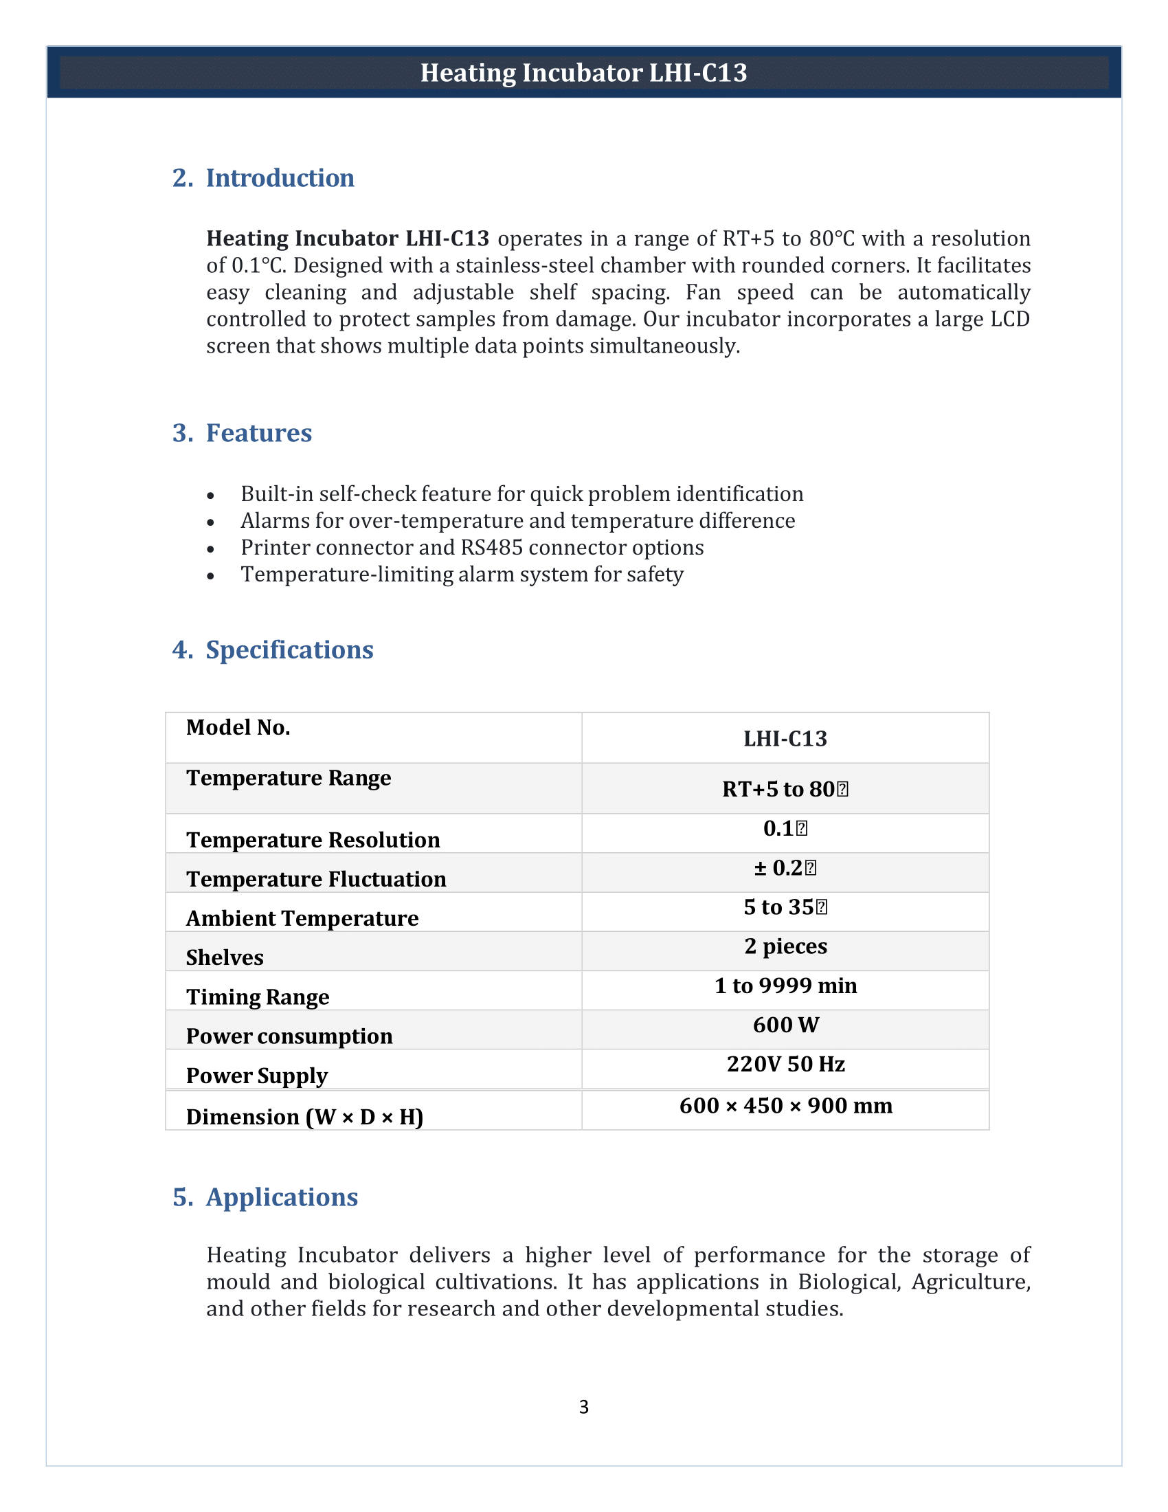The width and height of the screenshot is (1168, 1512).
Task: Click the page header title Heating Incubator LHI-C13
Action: click(583, 73)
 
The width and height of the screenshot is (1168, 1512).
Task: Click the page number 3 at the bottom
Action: click(583, 1407)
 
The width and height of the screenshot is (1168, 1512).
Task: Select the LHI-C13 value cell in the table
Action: click(785, 739)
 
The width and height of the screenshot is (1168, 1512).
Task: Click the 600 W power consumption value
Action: click(785, 1025)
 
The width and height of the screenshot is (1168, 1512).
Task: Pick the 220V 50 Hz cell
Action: click(785, 1064)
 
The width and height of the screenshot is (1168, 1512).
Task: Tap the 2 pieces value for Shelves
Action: click(785, 946)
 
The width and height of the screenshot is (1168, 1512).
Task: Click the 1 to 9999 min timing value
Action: click(785, 986)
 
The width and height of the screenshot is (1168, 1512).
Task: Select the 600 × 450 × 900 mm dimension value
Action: click(785, 1106)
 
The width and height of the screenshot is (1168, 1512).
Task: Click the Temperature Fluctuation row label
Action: click(315, 879)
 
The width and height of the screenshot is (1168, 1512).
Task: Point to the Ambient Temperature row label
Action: click(302, 919)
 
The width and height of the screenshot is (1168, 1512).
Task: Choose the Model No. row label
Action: click(238, 728)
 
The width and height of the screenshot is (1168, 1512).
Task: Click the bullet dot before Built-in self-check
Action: click(210, 496)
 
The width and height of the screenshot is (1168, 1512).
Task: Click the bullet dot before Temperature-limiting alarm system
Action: click(210, 576)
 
